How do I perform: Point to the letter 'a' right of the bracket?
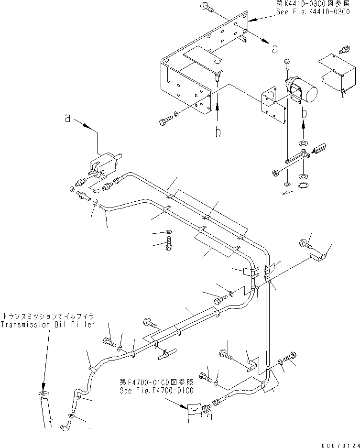pyautogui.click(x=274, y=48)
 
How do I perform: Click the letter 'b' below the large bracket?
pyautogui.click(x=218, y=131)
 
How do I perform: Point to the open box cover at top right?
pyautogui.click(x=337, y=72)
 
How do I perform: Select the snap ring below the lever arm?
pyautogui.click(x=303, y=185)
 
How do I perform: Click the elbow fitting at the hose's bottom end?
pyautogui.click(x=66, y=421)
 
